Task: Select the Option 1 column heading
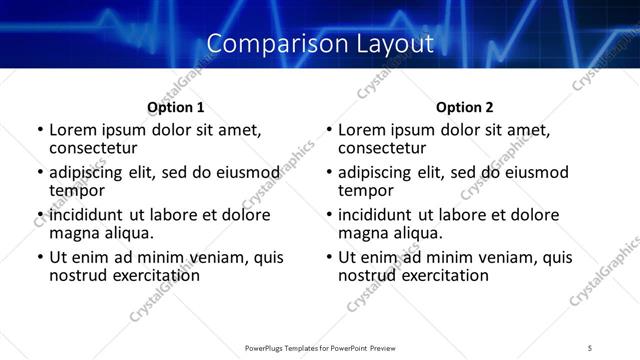point(176,107)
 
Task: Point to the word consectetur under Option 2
point(382,148)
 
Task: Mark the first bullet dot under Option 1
point(39,131)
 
